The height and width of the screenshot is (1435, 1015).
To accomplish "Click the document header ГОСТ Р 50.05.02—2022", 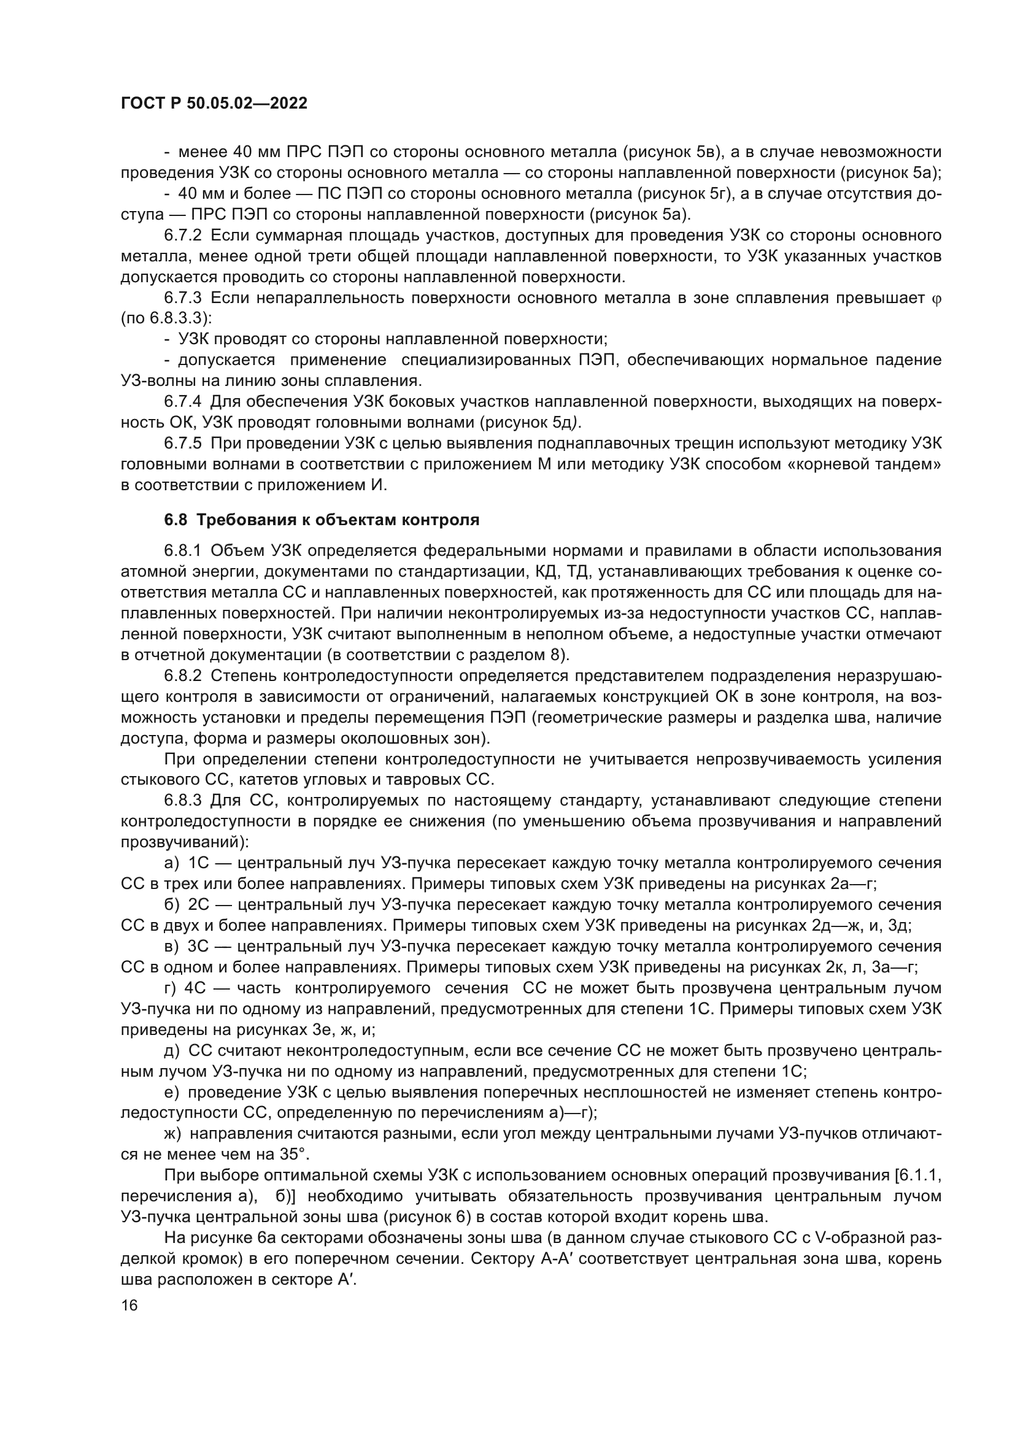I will click(214, 104).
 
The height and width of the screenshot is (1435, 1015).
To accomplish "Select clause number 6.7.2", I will click(182, 236).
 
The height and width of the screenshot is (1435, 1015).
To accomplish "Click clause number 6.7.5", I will click(182, 444).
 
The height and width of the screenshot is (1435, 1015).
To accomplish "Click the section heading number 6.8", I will click(175, 520).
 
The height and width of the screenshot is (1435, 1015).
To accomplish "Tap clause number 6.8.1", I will click(182, 550).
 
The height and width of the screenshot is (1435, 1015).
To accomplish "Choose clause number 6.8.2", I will click(182, 675).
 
